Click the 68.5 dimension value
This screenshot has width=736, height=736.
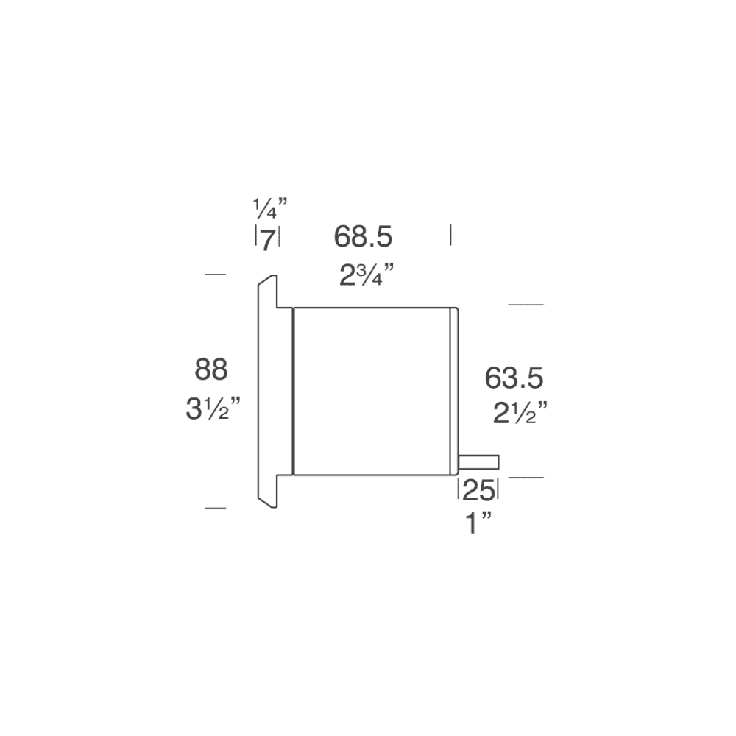(363, 237)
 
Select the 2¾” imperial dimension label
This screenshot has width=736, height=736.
(367, 276)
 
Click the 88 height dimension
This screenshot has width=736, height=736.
(211, 369)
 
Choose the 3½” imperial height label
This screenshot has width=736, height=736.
(213, 408)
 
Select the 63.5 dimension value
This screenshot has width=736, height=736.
(514, 378)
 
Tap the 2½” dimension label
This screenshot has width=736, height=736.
(519, 412)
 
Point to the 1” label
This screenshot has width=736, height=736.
(478, 525)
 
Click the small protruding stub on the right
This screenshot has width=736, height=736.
(479, 462)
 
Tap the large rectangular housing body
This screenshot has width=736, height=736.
(371, 390)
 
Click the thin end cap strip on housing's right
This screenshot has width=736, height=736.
(454, 390)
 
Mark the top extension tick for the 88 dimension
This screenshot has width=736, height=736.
(215, 275)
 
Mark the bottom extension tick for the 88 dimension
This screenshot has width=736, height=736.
(215, 508)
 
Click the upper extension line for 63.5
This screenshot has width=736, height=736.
(526, 304)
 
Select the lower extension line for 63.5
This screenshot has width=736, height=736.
(526, 478)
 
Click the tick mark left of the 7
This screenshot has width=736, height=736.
(255, 237)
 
